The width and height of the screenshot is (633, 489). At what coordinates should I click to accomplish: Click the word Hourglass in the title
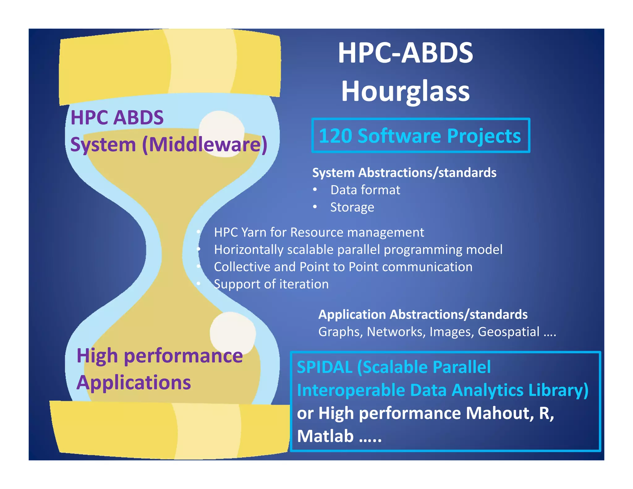click(x=405, y=91)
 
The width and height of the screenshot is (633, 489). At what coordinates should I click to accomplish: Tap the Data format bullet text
click(x=365, y=190)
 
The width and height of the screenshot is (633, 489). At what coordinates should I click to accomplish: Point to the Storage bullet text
click(x=352, y=207)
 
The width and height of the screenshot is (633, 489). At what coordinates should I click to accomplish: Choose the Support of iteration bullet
click(x=271, y=284)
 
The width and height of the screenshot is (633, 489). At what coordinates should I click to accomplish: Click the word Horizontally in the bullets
click(x=248, y=249)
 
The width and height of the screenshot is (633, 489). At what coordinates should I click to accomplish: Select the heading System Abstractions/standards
click(x=404, y=172)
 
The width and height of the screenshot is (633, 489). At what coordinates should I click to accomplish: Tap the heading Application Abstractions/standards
click(x=423, y=314)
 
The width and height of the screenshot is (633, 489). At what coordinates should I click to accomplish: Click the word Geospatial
click(x=508, y=332)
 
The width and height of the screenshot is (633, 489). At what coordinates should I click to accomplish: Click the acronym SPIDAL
click(x=324, y=367)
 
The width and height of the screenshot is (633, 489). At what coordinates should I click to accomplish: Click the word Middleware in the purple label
click(x=205, y=144)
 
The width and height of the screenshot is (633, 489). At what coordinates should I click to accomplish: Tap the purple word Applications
click(x=134, y=382)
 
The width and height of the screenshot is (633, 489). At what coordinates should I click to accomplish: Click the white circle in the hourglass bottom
click(x=233, y=333)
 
